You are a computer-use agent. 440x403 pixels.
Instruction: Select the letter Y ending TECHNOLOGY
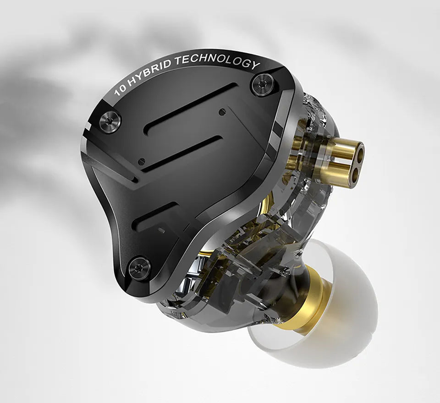pos(255,65)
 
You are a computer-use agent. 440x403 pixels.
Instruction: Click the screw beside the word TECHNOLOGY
pos(262,85)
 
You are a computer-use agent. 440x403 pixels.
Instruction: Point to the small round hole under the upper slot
pos(222,111)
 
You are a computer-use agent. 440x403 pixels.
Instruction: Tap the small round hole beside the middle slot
pos(142,161)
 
